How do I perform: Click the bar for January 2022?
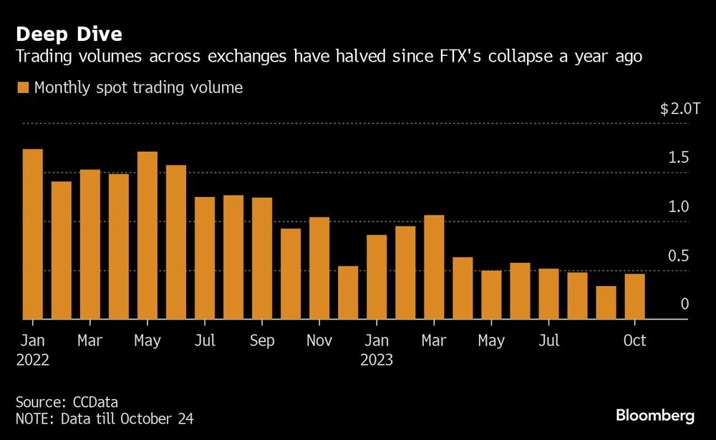[x=33, y=234]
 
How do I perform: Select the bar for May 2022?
[x=147, y=236]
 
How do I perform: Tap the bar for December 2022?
[x=348, y=292]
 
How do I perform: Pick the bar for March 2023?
[x=434, y=267]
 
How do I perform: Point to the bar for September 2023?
[x=606, y=302]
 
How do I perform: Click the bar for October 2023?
[x=634, y=297]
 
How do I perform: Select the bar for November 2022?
[x=319, y=268]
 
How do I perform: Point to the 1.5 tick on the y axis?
[x=679, y=158]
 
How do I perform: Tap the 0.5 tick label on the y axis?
[x=679, y=256]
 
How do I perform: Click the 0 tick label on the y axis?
[x=684, y=305]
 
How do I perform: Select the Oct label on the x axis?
[x=634, y=340]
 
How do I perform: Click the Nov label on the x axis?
[x=319, y=340]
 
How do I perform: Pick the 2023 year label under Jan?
[x=377, y=360]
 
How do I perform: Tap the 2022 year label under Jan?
[x=33, y=360]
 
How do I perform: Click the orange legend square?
[x=22, y=88]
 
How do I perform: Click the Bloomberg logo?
[x=654, y=416]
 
